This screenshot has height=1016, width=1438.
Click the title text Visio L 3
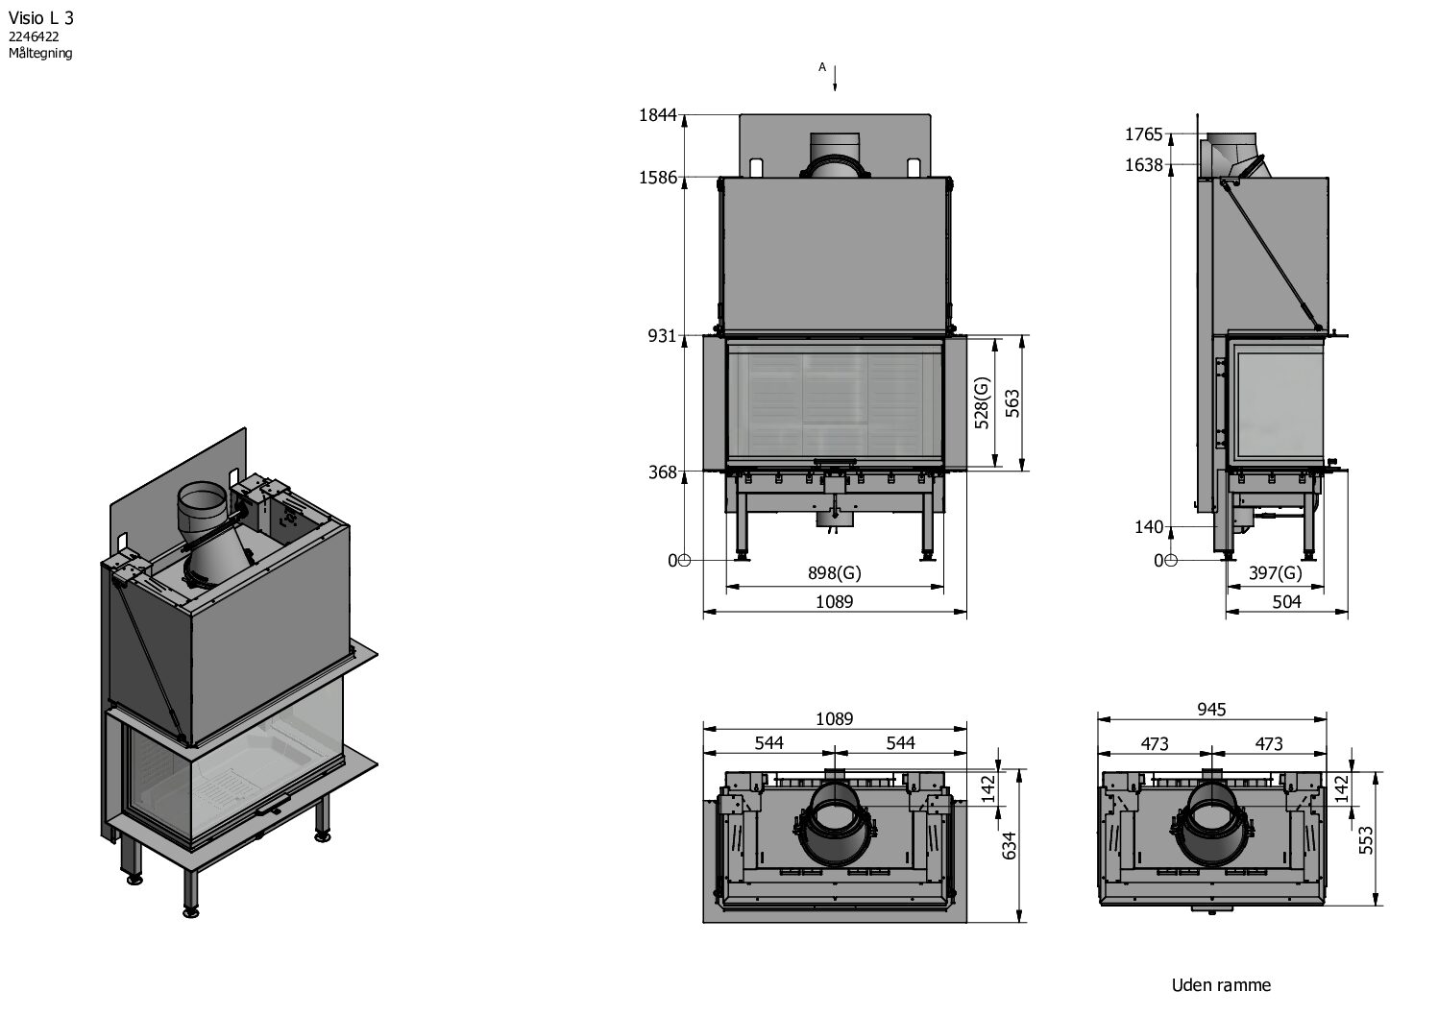[40, 17]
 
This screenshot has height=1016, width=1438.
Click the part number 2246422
[35, 36]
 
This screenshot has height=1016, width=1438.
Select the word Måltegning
[40, 54]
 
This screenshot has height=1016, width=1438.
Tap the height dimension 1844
[658, 116]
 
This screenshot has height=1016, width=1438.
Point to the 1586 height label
[658, 178]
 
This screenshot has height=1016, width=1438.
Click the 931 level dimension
[664, 337]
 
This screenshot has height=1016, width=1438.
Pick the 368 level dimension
[664, 472]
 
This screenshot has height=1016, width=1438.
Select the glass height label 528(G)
[981, 403]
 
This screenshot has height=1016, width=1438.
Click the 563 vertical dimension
[1011, 403]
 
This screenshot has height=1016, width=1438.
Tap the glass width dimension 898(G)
[834, 573]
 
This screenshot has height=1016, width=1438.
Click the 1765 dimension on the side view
[1144, 134]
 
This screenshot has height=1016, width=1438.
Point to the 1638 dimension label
[1144, 165]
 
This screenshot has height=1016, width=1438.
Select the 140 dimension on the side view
[1149, 527]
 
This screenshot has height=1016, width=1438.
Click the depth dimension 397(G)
[1275, 573]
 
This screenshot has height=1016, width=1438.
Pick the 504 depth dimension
[1286, 602]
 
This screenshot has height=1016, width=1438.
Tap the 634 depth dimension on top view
[1008, 846]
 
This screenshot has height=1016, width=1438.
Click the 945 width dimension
[1212, 710]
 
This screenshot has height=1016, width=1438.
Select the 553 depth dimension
[1367, 838]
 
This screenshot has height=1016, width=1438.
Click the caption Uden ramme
[1221, 985]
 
